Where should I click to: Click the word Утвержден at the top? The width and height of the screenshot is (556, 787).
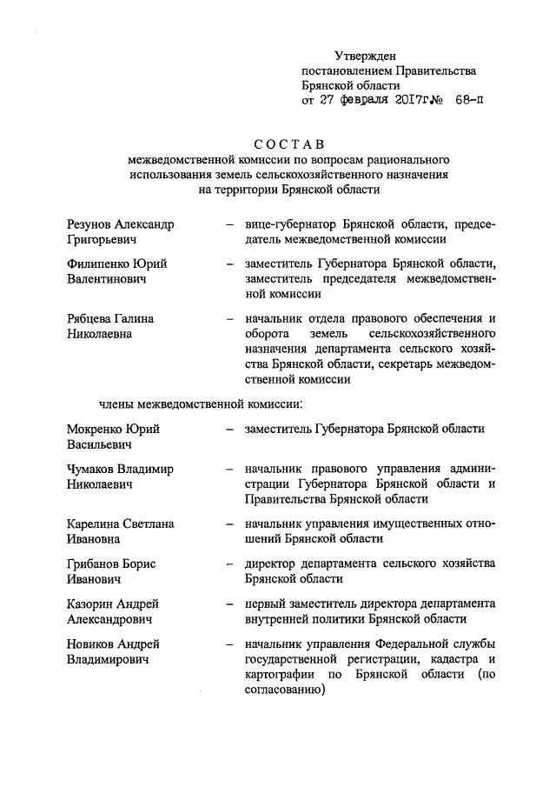(x=365, y=56)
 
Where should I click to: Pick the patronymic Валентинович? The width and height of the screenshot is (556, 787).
(x=108, y=279)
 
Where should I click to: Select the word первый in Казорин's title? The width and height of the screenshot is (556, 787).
(x=266, y=604)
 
